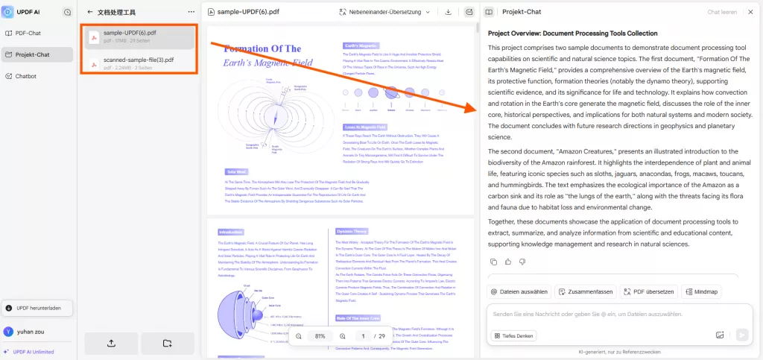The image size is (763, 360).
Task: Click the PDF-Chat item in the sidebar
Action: click(28, 33)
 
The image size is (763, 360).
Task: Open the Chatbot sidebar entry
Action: click(26, 76)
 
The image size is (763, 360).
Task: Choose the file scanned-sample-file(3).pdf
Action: click(139, 63)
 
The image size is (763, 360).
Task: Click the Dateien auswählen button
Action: click(519, 291)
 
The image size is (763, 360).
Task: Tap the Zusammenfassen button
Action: click(584, 291)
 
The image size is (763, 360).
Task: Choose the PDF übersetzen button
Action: click(648, 291)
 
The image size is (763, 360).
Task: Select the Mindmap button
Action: click(700, 291)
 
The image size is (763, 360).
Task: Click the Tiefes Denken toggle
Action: click(514, 335)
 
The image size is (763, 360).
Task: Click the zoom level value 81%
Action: click(320, 336)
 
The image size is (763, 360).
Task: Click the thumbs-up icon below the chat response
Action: click(508, 262)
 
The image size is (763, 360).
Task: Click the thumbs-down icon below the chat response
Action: click(522, 262)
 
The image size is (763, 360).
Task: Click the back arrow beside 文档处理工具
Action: click(90, 12)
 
